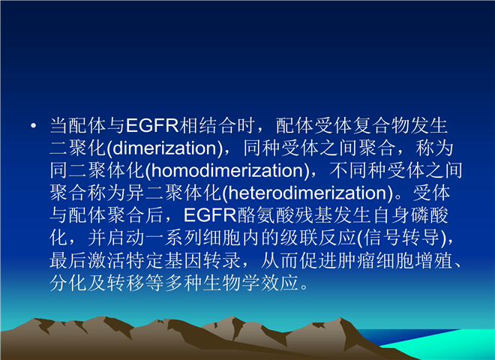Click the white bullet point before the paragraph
point(34,126)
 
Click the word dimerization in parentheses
point(165,148)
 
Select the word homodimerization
point(227,170)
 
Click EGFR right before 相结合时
point(152,125)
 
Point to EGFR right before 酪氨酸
point(210,215)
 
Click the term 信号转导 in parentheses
point(401,238)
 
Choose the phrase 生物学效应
point(250,283)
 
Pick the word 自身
point(391,215)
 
